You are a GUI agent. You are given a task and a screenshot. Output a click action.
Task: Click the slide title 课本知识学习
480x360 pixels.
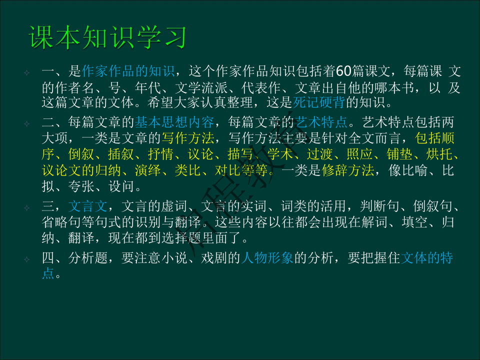point(108,38)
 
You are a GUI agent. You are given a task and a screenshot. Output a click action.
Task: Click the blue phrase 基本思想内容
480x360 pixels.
point(174,122)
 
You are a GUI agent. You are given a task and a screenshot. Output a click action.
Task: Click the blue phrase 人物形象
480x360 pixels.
point(267,258)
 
